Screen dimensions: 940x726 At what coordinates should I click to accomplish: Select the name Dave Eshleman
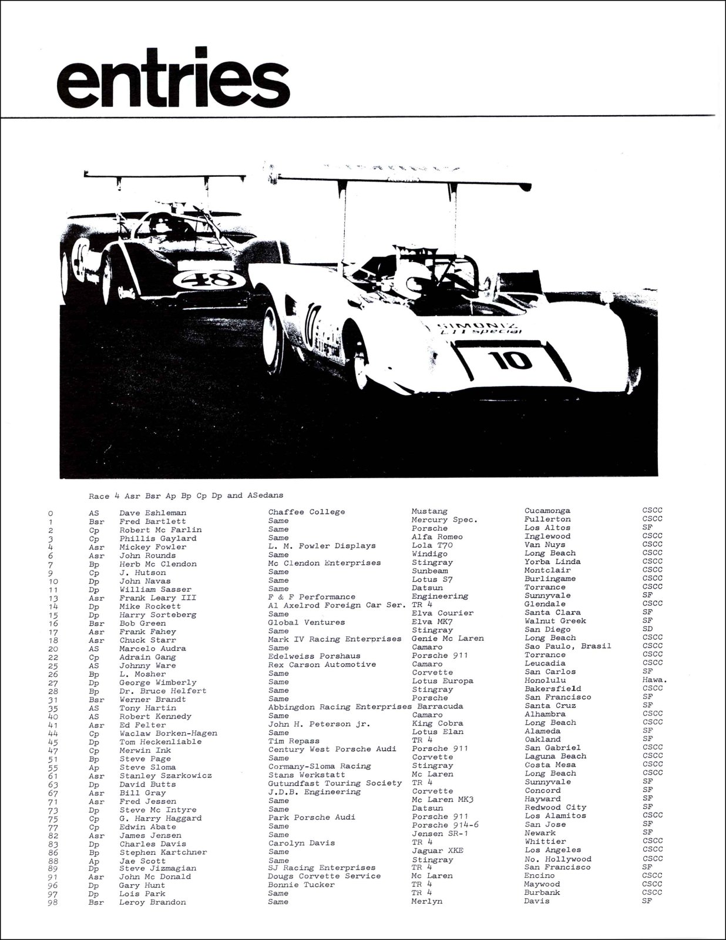[152, 513]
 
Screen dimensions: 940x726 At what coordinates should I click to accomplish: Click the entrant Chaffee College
[307, 512]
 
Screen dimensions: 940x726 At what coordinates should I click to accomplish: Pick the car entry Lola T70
[432, 545]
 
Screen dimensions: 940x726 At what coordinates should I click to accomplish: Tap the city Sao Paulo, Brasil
[567, 646]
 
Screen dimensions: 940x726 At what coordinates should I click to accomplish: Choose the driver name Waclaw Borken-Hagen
[168, 733]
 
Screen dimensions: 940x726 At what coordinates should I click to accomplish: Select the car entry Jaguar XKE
[437, 851]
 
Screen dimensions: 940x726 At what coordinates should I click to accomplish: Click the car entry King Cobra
[437, 723]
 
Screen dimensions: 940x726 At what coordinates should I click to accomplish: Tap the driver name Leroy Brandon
[152, 902]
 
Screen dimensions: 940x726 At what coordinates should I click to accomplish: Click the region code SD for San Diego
[647, 629]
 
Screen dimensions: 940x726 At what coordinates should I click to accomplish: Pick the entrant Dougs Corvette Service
[324, 876]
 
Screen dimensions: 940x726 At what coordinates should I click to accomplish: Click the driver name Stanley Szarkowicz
[166, 775]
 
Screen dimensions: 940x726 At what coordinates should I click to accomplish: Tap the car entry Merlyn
[426, 901]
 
